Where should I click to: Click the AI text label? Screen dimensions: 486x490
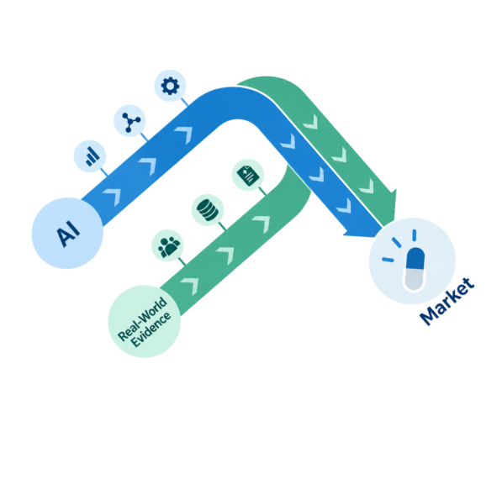pyautogui.click(x=68, y=234)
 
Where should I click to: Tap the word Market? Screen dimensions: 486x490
pyautogui.click(x=447, y=301)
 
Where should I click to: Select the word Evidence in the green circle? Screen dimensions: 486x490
pyautogui.click(x=151, y=329)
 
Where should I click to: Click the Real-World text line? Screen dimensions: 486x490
pyautogui.click(x=142, y=319)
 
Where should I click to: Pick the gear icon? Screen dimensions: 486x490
pyautogui.click(x=171, y=86)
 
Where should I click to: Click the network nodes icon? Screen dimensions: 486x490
pyautogui.click(x=130, y=122)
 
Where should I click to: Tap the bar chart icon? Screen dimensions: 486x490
pyautogui.click(x=92, y=156)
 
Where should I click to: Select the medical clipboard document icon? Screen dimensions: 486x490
pyautogui.click(x=248, y=176)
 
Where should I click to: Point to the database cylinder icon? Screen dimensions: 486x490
pyautogui.click(x=208, y=210)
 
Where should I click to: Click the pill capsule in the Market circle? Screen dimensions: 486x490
pyautogui.click(x=415, y=269)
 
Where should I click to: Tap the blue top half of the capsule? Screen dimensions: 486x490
pyautogui.click(x=415, y=258)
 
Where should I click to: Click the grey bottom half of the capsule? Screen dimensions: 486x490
pyautogui.click(x=415, y=279)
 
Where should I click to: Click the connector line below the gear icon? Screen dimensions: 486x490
pyautogui.click(x=185, y=102)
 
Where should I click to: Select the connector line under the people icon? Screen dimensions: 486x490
pyautogui.click(x=182, y=261)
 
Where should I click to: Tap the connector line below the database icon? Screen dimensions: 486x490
pyautogui.click(x=222, y=225)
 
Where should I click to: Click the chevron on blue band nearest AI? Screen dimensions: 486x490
pyautogui.click(x=113, y=197)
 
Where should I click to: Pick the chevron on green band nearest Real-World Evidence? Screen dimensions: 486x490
pyautogui.click(x=190, y=286)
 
